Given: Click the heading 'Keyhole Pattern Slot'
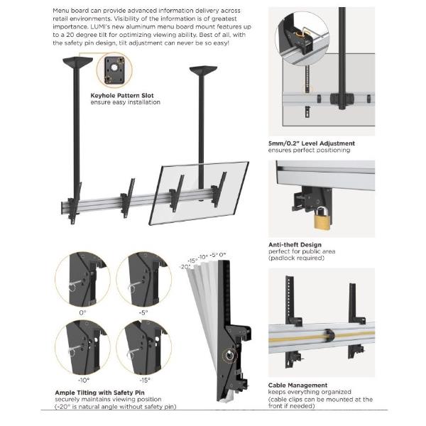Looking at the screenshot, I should tap(121, 94).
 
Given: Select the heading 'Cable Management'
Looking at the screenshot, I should tap(298, 385).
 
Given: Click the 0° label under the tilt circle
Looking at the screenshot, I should tap(82, 312).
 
